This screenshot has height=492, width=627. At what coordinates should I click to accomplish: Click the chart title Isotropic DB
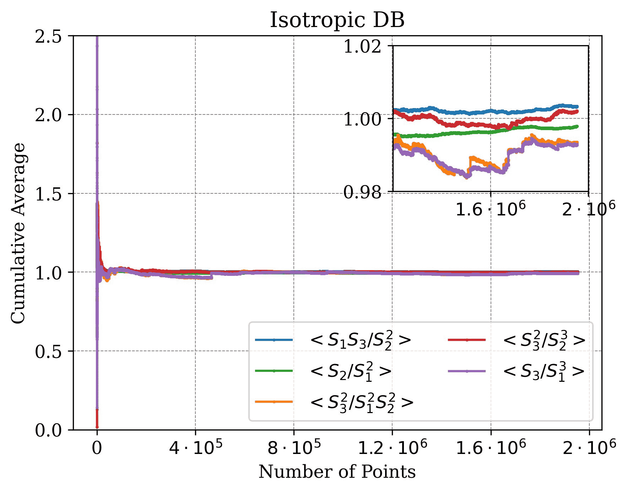coord(337,20)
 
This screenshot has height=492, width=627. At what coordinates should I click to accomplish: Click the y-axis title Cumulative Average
coord(18,233)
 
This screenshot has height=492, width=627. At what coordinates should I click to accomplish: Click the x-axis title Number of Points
coord(337,472)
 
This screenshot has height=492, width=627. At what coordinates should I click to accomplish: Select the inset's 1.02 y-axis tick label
coord(362,47)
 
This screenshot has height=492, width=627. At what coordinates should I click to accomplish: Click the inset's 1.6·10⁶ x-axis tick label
coord(490,209)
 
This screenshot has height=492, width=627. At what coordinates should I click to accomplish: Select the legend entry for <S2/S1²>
coord(350,371)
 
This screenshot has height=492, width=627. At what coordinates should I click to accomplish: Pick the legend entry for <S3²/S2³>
coord(544,340)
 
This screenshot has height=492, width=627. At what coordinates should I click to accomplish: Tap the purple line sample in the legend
coord(467,371)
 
